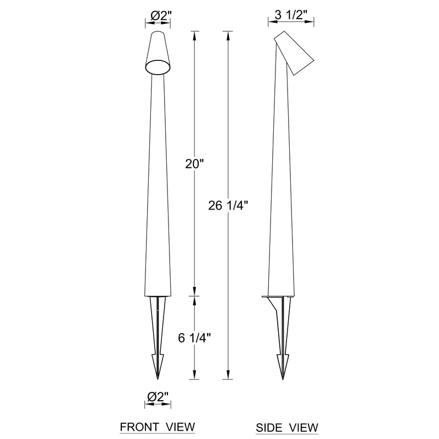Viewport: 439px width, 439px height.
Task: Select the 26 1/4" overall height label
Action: pos(228,206)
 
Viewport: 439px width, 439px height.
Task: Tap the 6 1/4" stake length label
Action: pos(194,338)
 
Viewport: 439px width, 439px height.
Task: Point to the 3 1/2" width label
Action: pos(291,15)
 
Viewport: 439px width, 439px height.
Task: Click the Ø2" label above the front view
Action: pos(160,15)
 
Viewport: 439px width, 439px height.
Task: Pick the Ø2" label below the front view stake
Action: pos(159,397)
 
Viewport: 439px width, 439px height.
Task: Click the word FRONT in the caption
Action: pos(139,427)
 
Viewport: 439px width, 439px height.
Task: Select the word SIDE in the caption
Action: pos(269,427)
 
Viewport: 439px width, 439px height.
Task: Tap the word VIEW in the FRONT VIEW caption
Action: pos(181,427)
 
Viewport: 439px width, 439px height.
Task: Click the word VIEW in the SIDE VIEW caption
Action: pos(304,427)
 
